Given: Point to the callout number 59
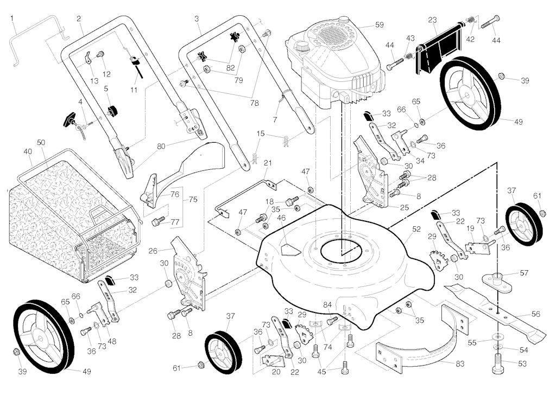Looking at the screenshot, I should pos(379,25).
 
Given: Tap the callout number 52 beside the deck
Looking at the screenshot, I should pos(416,229).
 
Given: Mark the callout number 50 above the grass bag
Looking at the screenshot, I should pos(41,142).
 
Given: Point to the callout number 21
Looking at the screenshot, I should pos(267,163).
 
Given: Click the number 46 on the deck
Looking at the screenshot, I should pos(281,218).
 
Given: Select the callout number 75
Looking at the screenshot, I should pos(192,199).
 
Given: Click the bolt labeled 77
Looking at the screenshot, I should pos(159,221).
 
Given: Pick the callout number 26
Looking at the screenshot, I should pos(153,251).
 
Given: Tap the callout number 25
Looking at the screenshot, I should pos(404,207).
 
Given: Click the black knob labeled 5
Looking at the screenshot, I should pos(112,111).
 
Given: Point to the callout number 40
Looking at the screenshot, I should pos(28,152).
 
